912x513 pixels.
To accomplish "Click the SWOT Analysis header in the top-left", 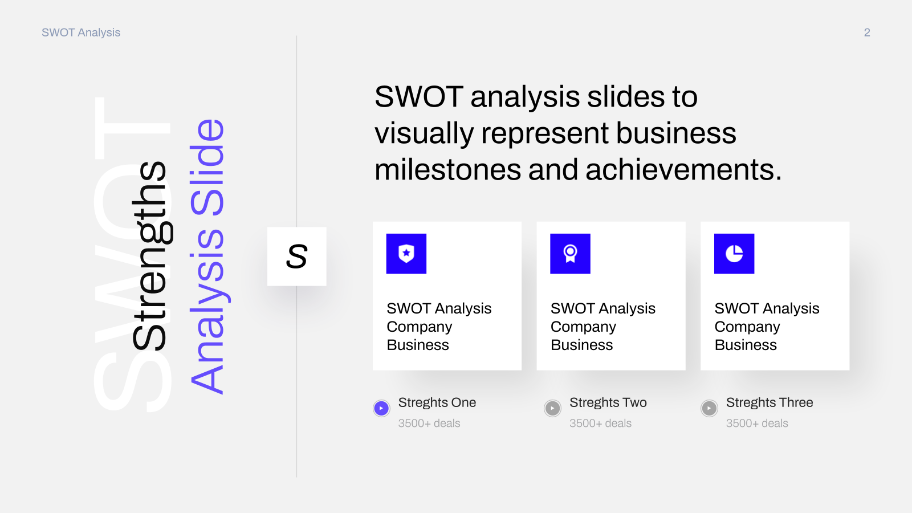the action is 81,32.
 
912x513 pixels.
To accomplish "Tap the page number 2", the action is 867,32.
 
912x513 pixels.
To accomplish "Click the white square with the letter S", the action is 297,256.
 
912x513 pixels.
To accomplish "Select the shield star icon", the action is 406,254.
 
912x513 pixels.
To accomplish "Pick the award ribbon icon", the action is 571,254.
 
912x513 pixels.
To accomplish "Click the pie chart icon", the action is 734,254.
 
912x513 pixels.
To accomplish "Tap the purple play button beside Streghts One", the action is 381,408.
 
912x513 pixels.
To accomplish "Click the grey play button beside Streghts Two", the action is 552,408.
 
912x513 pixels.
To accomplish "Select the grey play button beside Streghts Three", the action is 709,408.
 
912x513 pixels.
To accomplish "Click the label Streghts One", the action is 437,402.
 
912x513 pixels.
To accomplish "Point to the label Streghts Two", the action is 608,402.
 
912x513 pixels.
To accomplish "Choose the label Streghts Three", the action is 769,402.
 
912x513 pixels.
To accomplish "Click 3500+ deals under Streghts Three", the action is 758,424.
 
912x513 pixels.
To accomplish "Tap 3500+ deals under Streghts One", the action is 429,424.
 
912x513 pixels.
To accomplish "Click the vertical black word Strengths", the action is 150,256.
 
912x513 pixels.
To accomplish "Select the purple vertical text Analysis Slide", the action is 207,256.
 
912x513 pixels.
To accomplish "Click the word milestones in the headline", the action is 448,170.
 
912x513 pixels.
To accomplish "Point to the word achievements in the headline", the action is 683,170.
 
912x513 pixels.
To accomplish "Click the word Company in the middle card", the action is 584,327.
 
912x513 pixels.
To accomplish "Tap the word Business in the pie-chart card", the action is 746,345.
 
